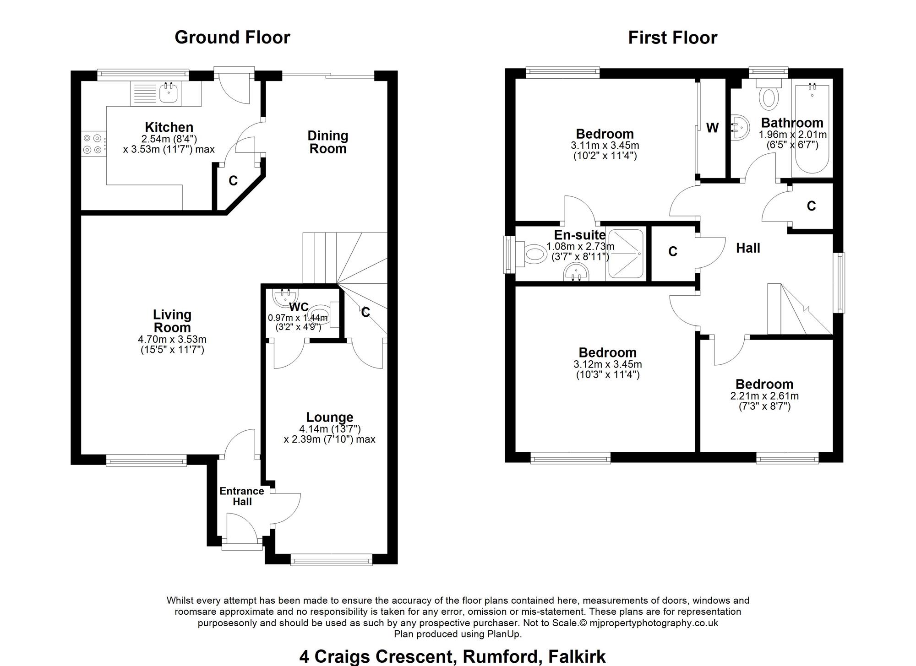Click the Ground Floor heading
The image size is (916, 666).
232,38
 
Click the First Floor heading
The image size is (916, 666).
672,38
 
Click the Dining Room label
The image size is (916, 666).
328,142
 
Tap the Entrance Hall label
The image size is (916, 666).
242,496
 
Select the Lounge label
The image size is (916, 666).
330,417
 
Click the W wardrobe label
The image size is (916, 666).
712,128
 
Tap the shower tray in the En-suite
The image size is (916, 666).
625,254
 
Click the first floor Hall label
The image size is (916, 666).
748,248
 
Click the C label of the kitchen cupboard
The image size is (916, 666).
233,181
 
